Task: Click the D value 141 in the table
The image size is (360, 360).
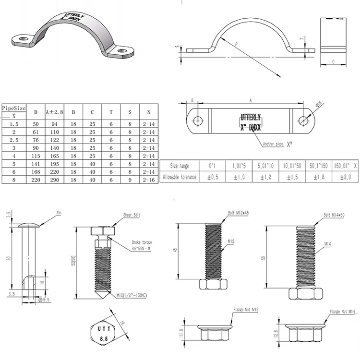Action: tap(36, 164)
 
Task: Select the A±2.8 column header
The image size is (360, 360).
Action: tap(54, 112)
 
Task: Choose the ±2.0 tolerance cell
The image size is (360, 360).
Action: tap(345, 177)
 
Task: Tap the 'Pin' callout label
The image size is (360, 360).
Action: tap(60, 212)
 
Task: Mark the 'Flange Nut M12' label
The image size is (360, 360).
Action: tap(245, 310)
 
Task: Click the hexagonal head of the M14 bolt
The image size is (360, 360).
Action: tap(305, 293)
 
